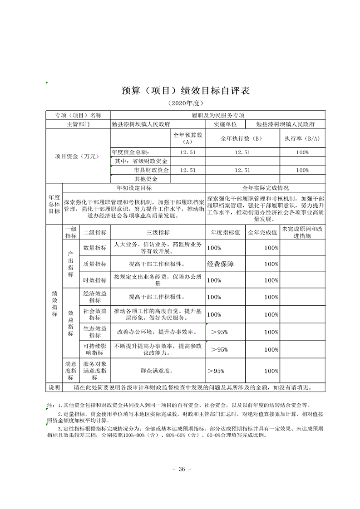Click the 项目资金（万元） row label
pyautogui.click(x=77, y=157)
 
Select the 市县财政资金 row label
pyautogui.click(x=148, y=170)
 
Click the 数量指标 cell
pyautogui.click(x=95, y=248)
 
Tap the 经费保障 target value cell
pyautogui.click(x=220, y=264)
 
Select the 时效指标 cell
pyautogui.click(x=95, y=280)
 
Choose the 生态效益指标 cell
pyautogui.click(x=95, y=332)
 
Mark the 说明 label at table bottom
pyautogui.click(x=54, y=387)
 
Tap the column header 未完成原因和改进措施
pyautogui.click(x=302, y=232)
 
